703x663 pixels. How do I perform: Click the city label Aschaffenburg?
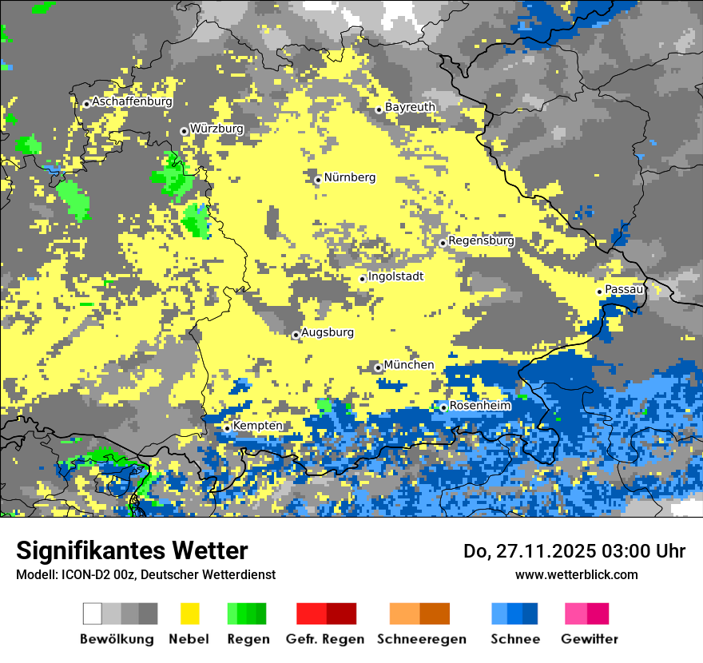(132, 102)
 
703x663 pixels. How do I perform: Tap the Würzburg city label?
(216, 129)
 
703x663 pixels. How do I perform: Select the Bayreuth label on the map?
(410, 107)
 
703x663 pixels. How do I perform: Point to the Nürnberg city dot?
(318, 180)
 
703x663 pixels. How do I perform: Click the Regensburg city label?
(481, 240)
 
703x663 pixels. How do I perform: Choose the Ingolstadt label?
(395, 276)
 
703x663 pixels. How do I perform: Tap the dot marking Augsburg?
(296, 335)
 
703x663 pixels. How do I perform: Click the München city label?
(409, 365)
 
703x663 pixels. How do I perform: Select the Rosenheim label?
(480, 406)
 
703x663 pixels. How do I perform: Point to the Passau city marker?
(599, 292)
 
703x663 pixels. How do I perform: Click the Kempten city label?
(257, 426)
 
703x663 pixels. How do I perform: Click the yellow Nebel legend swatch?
(189, 613)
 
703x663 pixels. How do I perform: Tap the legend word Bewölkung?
(117, 639)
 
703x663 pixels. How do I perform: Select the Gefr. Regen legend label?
(325, 639)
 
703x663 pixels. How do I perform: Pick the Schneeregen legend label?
(422, 639)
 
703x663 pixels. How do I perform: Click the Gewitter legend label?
(590, 639)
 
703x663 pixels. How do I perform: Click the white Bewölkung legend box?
(93, 613)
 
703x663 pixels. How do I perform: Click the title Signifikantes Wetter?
(132, 551)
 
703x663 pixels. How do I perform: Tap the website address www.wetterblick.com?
(577, 574)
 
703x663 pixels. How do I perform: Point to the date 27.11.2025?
(534, 551)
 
